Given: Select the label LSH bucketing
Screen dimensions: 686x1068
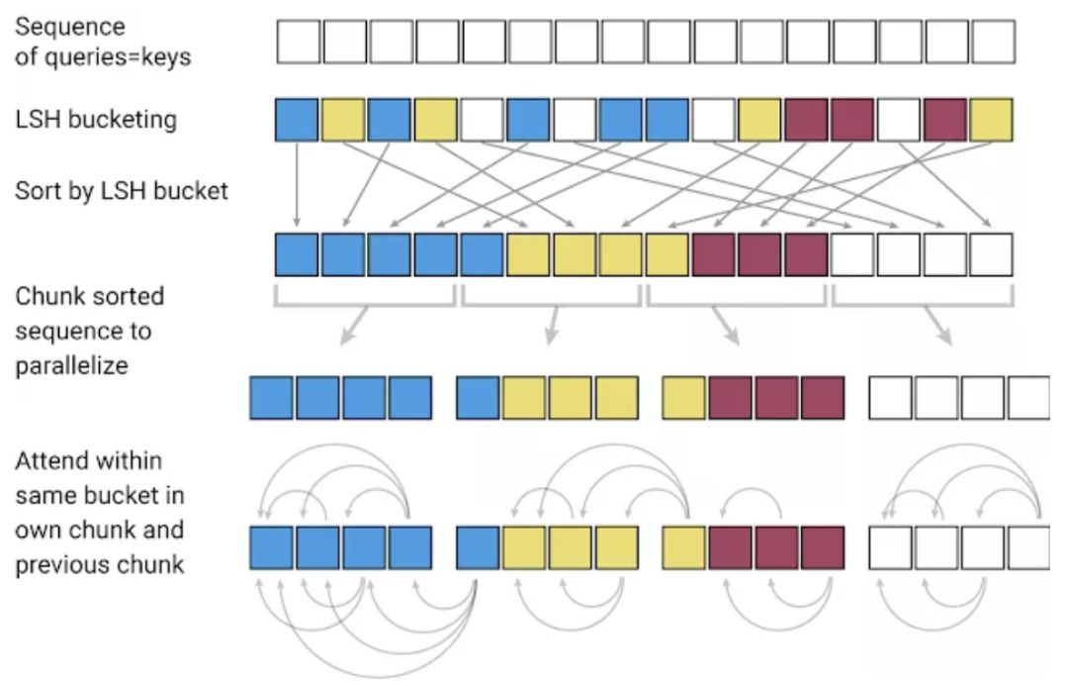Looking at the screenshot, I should coord(96,120).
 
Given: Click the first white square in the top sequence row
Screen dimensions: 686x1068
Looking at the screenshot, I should coord(298,43).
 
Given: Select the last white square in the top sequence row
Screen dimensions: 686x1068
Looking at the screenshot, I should coord(992,43).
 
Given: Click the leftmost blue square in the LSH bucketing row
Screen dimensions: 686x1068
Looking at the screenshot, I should coord(298,119).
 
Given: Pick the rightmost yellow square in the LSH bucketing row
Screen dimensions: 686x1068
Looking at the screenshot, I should coord(992,119).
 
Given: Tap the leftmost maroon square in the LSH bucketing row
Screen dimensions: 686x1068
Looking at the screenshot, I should coord(807,119).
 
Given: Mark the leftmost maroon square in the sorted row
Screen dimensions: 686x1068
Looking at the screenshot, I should coord(714,254).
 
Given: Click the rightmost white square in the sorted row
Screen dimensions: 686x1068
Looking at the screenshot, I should coord(992,254).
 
